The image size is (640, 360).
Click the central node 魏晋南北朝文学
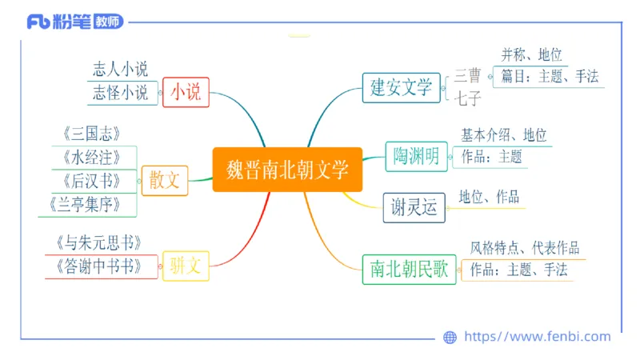tap(287, 170)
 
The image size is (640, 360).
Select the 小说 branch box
tap(186, 93)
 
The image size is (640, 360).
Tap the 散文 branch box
tap(164, 181)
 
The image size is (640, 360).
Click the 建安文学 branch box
tap(401, 86)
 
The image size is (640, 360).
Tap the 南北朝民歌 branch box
tap(409, 269)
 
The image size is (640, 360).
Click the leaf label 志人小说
tap(120, 70)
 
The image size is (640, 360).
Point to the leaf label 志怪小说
tap(120, 93)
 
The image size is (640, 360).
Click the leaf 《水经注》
tap(90, 157)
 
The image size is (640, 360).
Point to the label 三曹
tap(468, 76)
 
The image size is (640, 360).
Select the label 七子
tap(468, 100)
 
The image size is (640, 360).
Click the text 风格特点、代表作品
tap(524, 248)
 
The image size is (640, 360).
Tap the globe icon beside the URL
tap(450, 338)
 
